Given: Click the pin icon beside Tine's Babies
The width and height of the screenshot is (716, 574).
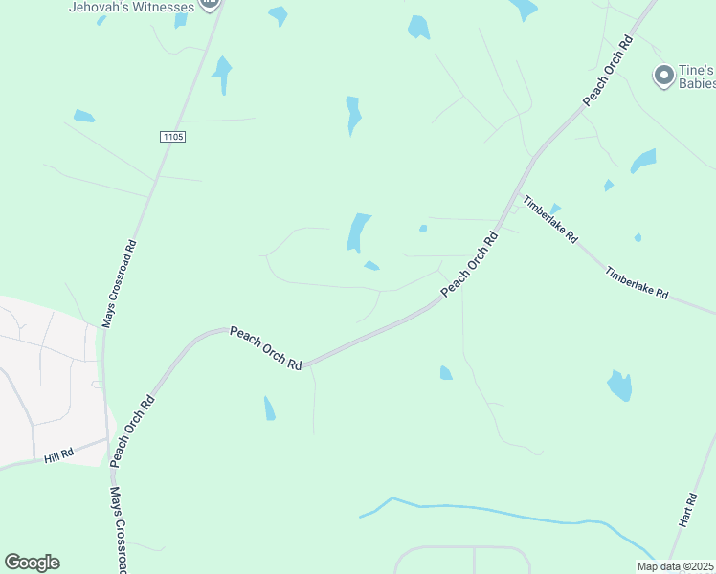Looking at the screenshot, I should coord(662,75).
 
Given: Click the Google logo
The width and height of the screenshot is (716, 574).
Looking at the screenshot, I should coord(32,563).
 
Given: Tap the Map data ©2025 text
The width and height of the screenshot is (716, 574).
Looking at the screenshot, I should coord(676,566).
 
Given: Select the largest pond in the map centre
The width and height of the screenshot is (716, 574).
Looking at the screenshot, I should coord(358,232).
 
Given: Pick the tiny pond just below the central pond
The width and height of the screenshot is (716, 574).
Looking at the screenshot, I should coord(371,265).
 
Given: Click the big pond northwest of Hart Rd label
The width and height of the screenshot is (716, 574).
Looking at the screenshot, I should coord(620,385).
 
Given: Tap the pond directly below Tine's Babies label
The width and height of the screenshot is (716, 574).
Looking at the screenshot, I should coord(643,160).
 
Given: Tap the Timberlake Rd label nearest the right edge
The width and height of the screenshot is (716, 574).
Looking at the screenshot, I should coord(637,283).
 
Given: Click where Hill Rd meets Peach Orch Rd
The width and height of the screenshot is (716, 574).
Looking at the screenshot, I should coord(109,441).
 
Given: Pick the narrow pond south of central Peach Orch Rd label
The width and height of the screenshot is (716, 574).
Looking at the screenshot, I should coord(269,408).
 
